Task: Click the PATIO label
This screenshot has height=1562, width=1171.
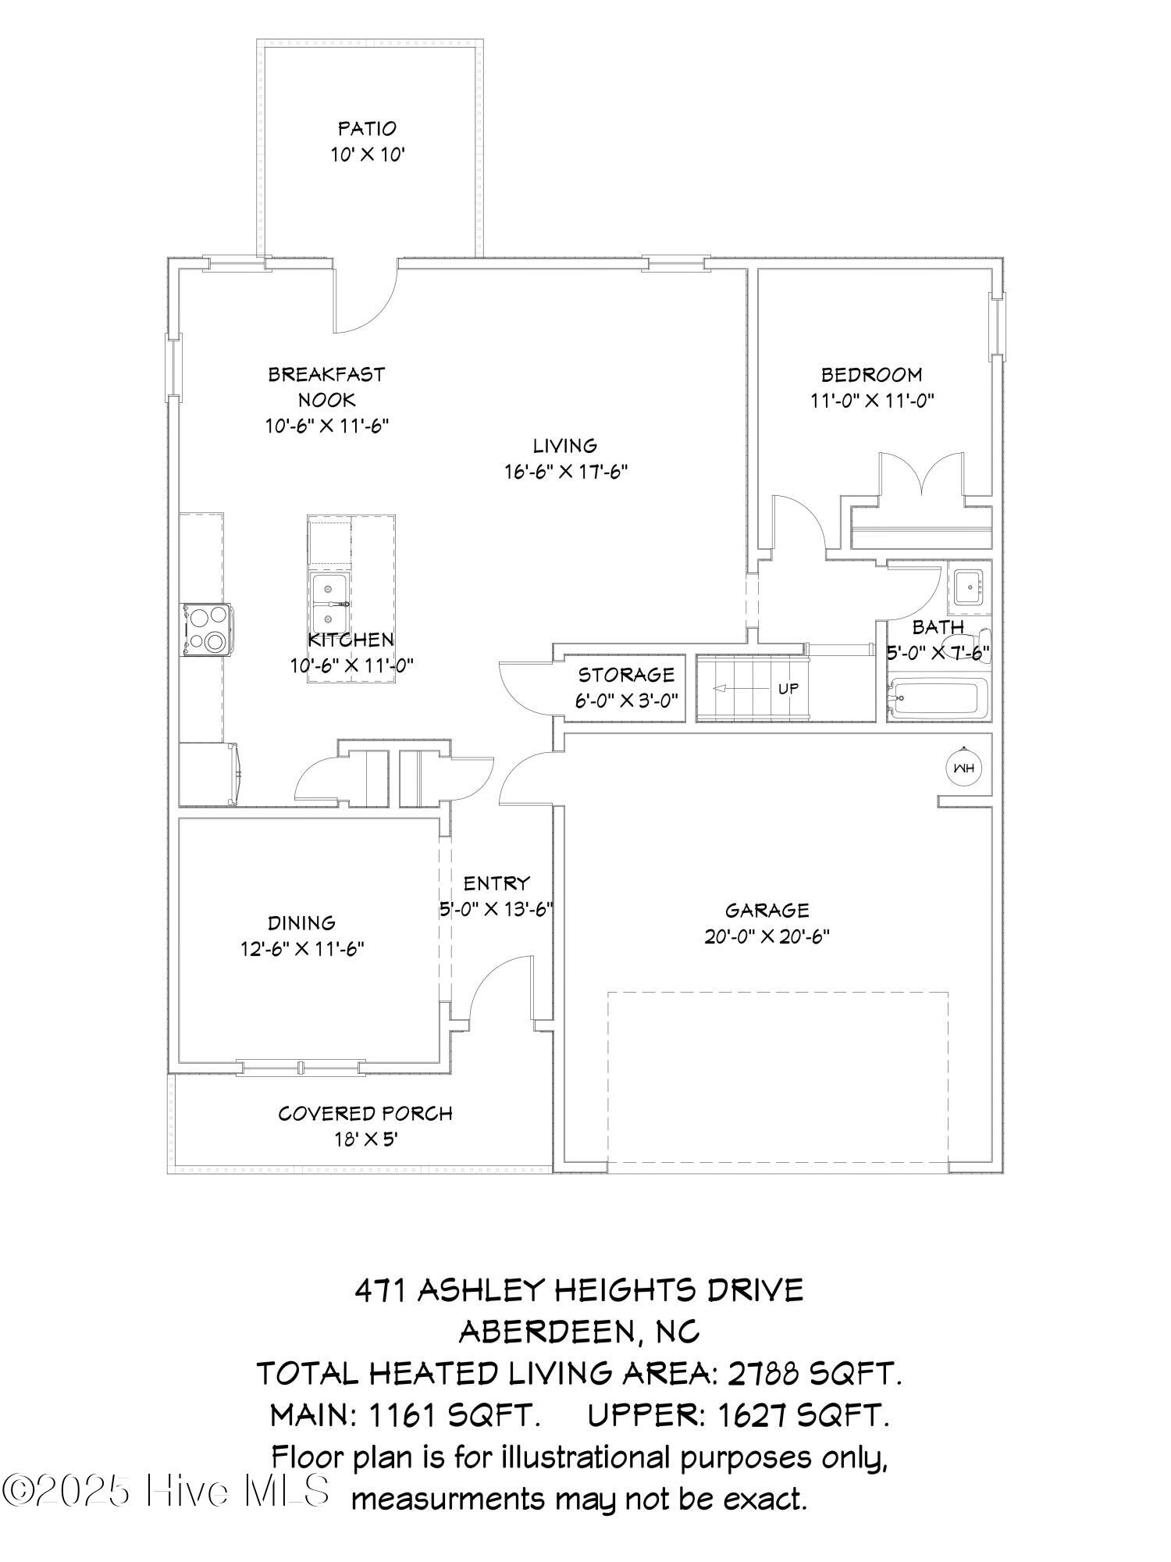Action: [x=367, y=128]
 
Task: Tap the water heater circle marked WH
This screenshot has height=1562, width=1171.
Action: [x=964, y=768]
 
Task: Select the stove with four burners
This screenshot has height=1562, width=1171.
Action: [x=206, y=629]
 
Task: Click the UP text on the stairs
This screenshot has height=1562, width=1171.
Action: [x=788, y=689]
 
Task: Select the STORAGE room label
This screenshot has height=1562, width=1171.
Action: [x=626, y=674]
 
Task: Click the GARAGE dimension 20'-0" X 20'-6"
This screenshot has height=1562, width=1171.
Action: [x=767, y=936]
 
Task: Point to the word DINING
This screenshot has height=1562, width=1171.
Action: [x=302, y=923]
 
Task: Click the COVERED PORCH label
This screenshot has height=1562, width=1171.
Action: [x=365, y=1114]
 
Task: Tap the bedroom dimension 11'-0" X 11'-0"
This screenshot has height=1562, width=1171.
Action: [x=871, y=401]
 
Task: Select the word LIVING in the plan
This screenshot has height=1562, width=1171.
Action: [x=565, y=446]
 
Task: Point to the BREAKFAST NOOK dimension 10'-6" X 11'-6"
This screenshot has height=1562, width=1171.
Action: [x=327, y=426]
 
